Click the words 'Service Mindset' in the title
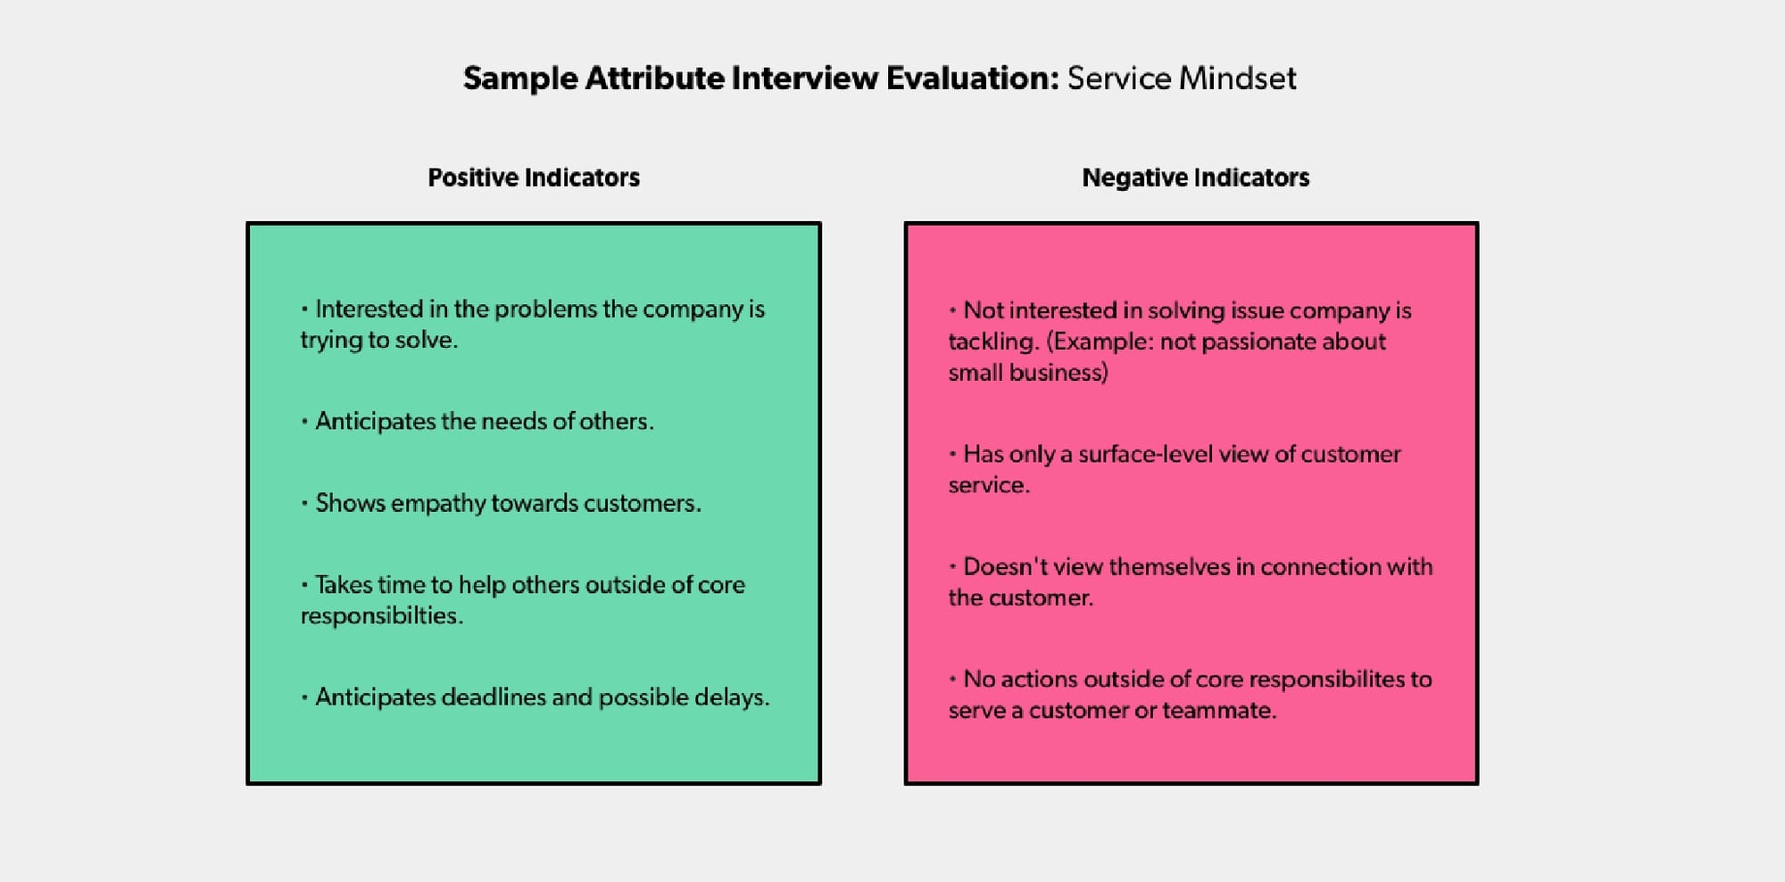(1181, 78)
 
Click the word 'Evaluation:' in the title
(972, 78)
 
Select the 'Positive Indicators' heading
(534, 177)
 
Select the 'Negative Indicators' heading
(1195, 177)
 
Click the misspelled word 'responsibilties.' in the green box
(381, 616)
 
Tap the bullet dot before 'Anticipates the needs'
(304, 421)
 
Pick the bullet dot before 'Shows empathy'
(304, 503)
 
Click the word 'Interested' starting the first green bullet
(369, 309)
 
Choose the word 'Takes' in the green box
(343, 585)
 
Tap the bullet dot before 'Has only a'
(952, 454)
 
